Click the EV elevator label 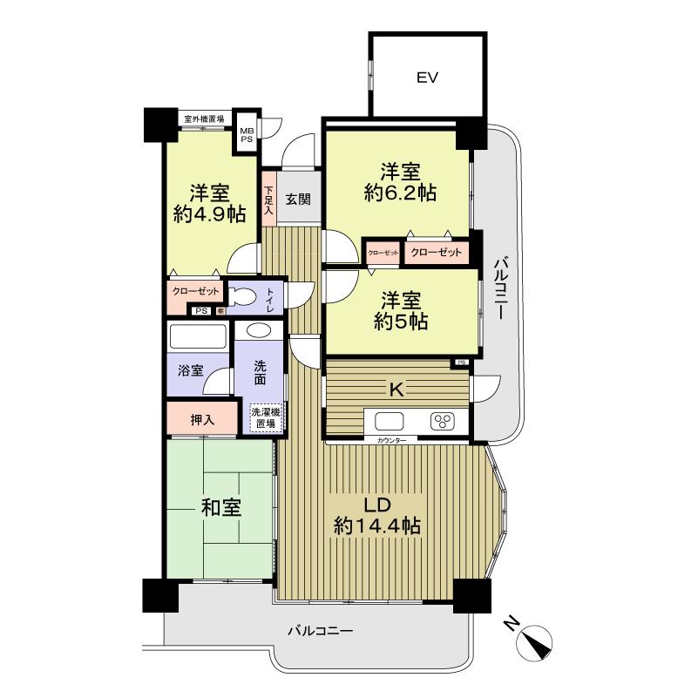(x=426, y=78)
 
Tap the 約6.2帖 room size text (x=400, y=193)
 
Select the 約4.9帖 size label (x=209, y=213)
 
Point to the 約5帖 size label (x=400, y=322)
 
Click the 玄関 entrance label (x=298, y=199)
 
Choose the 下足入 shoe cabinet (x=269, y=200)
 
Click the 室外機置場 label (x=204, y=119)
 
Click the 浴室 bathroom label (x=192, y=369)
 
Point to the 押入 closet (x=202, y=419)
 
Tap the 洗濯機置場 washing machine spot (x=264, y=418)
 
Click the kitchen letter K (x=396, y=390)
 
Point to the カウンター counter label (x=391, y=442)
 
